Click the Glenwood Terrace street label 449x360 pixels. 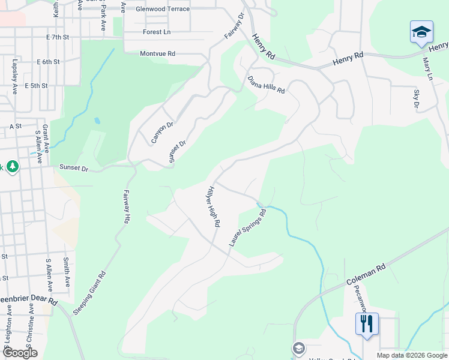[x=163, y=9]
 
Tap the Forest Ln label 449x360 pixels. [x=157, y=32]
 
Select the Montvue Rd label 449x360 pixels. [x=157, y=53]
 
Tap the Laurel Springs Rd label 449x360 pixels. [x=247, y=227]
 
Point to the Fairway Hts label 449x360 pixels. [x=127, y=207]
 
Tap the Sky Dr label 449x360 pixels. [x=416, y=99]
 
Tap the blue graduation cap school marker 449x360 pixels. [x=421, y=31]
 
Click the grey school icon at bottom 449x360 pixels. [x=298, y=348]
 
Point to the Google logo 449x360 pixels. [x=19, y=353]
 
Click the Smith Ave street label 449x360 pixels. [x=67, y=273]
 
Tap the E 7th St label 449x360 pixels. [x=58, y=37]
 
